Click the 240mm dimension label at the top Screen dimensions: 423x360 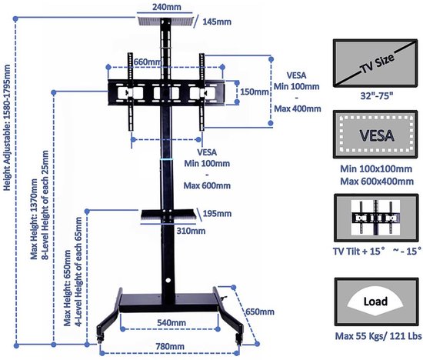pyautogui.click(x=166, y=7)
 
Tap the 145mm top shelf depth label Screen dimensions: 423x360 pyautogui.click(x=217, y=22)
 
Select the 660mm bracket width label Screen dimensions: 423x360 pyautogui.click(x=148, y=62)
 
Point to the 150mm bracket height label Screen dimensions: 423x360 pyautogui.click(x=255, y=92)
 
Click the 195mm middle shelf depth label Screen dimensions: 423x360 pyautogui.click(x=217, y=214)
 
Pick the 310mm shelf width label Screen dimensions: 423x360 pyautogui.click(x=191, y=231)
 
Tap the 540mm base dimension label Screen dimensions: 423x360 pyautogui.click(x=172, y=322)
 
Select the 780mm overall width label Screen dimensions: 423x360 pyautogui.click(x=170, y=346)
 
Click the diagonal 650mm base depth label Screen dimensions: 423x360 pyautogui.click(x=259, y=312)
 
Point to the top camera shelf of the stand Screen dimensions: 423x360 pyautogui.click(x=166, y=22)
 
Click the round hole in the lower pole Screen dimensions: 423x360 pyautogui.click(x=168, y=281)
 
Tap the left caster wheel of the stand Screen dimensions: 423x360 pyautogui.click(x=100, y=339)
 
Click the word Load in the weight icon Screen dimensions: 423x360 pyautogui.click(x=375, y=302)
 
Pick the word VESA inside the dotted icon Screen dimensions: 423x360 pyautogui.click(x=377, y=135)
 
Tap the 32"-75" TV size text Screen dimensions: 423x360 pyautogui.click(x=376, y=96)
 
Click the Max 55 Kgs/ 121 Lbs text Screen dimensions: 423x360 pyautogui.click(x=378, y=336)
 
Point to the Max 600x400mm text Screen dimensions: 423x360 pyautogui.click(x=377, y=181)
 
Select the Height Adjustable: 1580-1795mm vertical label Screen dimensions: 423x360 pyautogui.click(x=7, y=128)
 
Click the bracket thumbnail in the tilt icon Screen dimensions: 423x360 pyautogui.click(x=375, y=217)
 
